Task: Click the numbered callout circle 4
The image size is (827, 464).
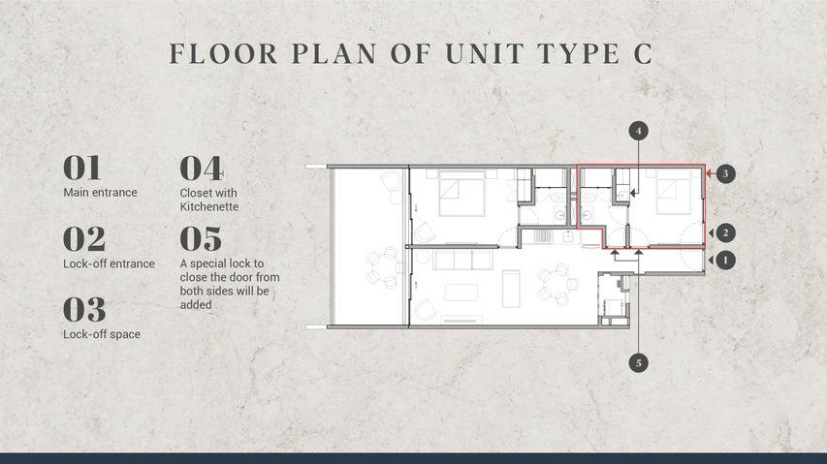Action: (x=638, y=131)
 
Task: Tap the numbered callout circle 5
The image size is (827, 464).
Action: (x=638, y=363)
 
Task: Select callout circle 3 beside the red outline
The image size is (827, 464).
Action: (x=725, y=173)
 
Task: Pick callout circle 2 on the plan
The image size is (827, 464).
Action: (x=725, y=232)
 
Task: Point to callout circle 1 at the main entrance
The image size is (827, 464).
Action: (x=725, y=261)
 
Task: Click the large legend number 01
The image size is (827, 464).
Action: (x=81, y=168)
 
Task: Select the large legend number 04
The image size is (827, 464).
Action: (x=201, y=168)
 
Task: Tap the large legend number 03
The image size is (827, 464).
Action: (x=84, y=309)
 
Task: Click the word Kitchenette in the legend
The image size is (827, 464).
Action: (x=209, y=207)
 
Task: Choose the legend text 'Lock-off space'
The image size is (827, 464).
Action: (x=102, y=334)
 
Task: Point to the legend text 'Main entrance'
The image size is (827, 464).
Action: (x=100, y=193)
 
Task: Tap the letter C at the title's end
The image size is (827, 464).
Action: (x=643, y=53)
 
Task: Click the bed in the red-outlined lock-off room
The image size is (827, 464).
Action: (x=673, y=192)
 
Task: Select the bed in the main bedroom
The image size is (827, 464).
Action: (x=462, y=194)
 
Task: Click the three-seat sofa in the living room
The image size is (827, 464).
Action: (x=463, y=260)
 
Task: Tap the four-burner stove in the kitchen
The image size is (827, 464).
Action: (x=543, y=236)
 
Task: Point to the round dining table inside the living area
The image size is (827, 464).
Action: (x=556, y=285)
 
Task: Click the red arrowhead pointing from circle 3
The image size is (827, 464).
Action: (x=710, y=172)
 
